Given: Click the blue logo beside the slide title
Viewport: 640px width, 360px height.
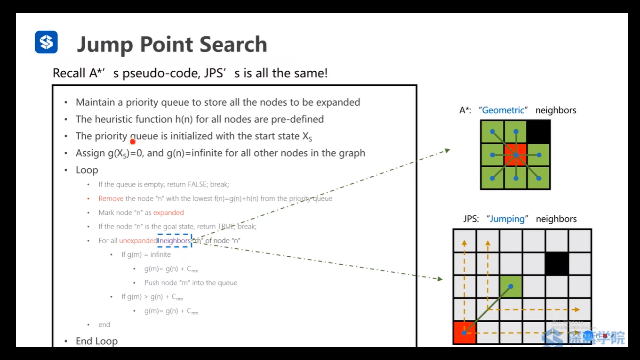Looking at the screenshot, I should pos(46,42).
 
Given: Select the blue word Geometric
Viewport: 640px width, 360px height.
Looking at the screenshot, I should pos(503,110).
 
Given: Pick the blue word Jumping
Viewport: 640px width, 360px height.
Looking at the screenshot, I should pos(507,219).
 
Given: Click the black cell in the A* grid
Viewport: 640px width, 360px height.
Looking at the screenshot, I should pos(538,132).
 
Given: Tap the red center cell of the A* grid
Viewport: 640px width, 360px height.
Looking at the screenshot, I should pos(515,155).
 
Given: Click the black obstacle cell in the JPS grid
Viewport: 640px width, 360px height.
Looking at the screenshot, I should pos(557,263).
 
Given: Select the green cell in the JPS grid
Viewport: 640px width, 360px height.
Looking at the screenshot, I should pos(511,287).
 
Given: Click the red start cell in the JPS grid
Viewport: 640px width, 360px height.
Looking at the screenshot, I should pos(464,332).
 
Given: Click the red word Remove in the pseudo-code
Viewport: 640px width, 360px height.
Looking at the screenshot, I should pos(111,199).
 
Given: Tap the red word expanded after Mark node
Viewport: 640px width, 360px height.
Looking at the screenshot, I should pos(168,213).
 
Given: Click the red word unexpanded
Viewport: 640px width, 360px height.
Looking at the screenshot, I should pos(138,241).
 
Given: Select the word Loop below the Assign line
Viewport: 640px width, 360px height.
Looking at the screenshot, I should pos(87,170).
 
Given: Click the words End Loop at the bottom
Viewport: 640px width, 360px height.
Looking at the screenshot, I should pos(97,341).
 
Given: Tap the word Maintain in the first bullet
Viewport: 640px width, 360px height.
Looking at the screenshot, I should pos(95,102).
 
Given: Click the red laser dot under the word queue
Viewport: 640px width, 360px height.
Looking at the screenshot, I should pos(133,142).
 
